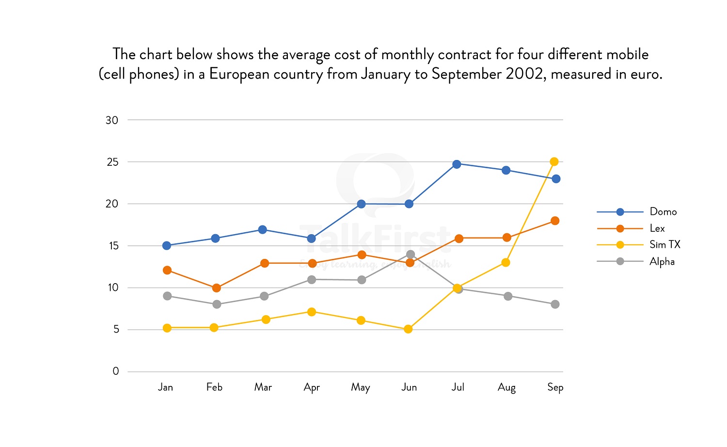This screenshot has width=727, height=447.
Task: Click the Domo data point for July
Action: [457, 164]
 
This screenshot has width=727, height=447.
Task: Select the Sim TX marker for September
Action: [554, 161]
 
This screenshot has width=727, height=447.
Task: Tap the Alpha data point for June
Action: [411, 255]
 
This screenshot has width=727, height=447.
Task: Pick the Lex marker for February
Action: [216, 288]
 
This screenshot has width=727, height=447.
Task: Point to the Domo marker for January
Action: [167, 245]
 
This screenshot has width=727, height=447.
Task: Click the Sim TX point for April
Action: [312, 312]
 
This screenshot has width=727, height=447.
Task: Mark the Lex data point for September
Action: [555, 221]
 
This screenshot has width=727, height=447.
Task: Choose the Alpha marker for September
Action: [555, 304]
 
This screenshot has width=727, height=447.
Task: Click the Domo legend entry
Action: [663, 212]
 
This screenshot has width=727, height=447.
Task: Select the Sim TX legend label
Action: [664, 245]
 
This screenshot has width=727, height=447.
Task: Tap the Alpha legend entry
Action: [662, 262]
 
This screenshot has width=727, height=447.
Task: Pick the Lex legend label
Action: [657, 228]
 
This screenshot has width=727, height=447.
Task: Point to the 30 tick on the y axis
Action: [112, 120]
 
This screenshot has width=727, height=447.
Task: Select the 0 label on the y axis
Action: [115, 371]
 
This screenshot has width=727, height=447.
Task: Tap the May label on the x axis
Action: [361, 387]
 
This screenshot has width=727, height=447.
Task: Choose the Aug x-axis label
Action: [506, 387]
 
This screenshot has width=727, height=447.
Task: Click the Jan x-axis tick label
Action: [165, 387]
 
